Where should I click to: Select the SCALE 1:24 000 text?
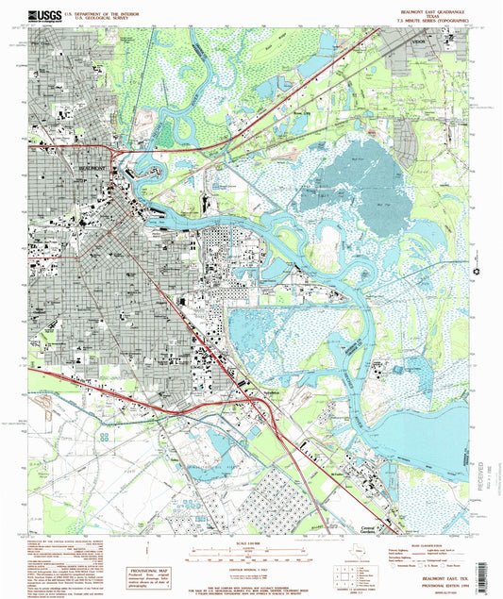[252, 545]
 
